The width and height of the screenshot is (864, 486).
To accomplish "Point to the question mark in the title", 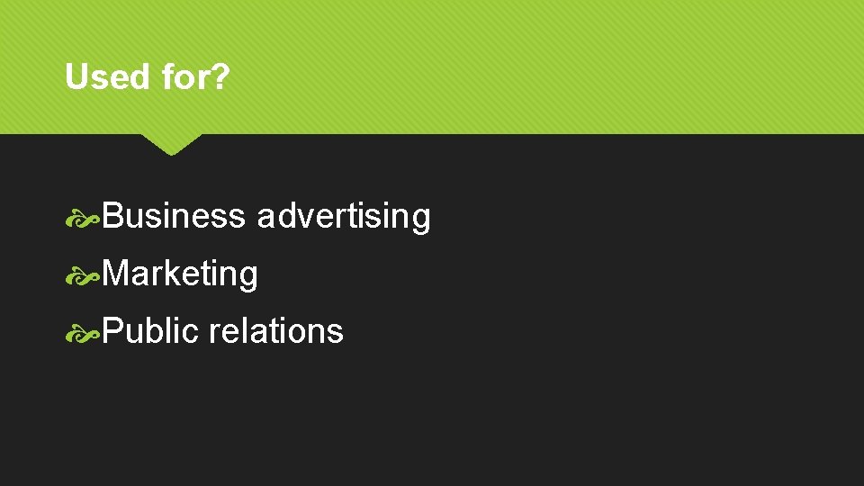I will coord(220,77).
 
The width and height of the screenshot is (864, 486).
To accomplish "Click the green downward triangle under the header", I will coord(172,144).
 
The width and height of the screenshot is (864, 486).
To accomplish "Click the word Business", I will coord(174,217).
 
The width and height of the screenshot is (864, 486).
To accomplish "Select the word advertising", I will coord(344,217).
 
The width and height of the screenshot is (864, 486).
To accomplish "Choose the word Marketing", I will coord(180,274).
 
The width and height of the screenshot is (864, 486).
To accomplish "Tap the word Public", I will coord(150,331).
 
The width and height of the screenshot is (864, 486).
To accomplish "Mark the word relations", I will coord(275,331).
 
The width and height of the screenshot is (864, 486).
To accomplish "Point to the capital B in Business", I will coord(112,217).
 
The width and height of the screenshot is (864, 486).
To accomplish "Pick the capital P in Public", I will coord(112,331).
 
